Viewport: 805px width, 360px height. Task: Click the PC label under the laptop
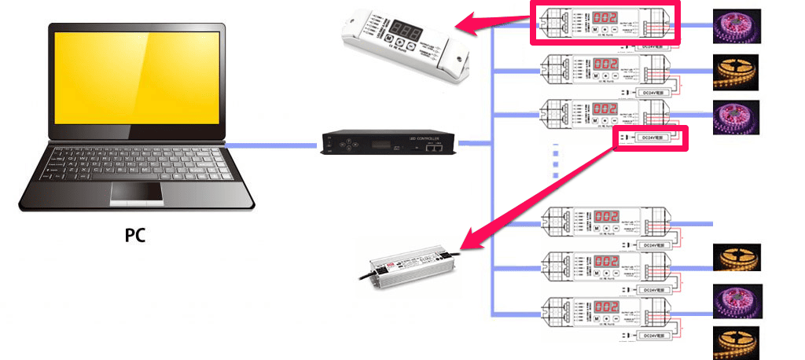click(135, 234)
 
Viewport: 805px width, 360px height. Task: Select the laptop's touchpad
click(136, 193)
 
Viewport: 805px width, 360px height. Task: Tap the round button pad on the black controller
click(337, 145)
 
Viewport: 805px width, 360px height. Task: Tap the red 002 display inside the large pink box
click(605, 17)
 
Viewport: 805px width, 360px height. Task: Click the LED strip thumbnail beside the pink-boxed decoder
click(736, 26)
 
